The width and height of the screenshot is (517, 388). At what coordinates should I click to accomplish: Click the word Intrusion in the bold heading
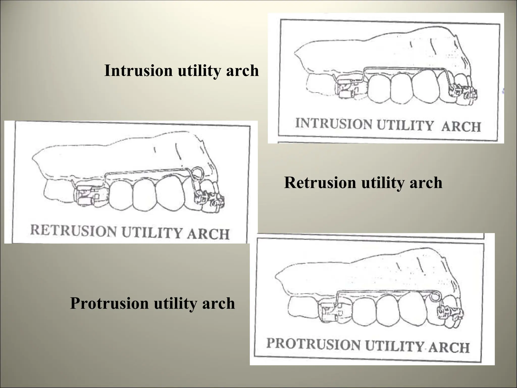[x=139, y=70]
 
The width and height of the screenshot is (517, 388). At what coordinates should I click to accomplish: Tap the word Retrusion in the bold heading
[x=319, y=183]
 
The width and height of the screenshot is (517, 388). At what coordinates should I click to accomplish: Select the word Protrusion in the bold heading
[x=109, y=303]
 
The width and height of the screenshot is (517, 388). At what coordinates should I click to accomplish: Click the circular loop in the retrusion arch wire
[x=196, y=173]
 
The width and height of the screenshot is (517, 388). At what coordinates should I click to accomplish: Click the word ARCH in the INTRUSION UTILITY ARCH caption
[x=461, y=126]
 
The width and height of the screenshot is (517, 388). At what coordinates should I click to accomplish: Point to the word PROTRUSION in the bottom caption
[x=313, y=344]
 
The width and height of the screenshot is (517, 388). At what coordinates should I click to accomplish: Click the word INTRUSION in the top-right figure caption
[x=333, y=124]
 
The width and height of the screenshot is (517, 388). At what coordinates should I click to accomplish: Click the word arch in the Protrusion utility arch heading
[x=219, y=303]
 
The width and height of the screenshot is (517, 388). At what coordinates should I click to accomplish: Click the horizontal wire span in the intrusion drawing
[x=404, y=69]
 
